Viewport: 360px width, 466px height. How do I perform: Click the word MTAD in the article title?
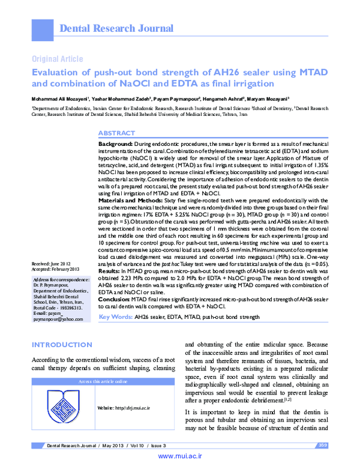(x=306, y=73)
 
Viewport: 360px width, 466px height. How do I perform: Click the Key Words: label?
(x=115, y=333)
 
